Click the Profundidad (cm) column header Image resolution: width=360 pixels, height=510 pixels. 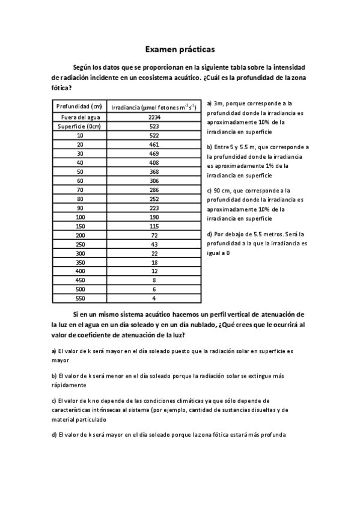coord(80,106)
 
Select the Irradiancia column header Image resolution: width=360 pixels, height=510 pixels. coord(154,107)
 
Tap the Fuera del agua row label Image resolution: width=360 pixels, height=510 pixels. coord(80,117)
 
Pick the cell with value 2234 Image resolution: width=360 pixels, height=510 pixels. coord(154,117)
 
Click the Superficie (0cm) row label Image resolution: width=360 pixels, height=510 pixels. coord(80,126)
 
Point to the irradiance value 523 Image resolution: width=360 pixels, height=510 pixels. coord(154,126)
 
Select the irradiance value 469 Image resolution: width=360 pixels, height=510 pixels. coord(154,153)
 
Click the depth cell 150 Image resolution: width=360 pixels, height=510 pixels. coord(80,226)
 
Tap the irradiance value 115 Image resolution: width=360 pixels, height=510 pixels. coord(154,226)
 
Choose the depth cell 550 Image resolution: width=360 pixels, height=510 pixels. coord(80,298)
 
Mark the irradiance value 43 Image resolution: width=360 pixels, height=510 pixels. coord(154,244)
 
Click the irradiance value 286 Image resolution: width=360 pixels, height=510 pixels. coord(154,189)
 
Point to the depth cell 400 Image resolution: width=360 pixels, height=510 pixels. coord(80,271)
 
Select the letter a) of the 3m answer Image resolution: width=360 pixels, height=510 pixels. coord(209,103)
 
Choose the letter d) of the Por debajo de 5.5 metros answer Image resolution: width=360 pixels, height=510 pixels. coord(209,234)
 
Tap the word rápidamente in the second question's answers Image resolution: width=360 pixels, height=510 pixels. coord(69,385)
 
